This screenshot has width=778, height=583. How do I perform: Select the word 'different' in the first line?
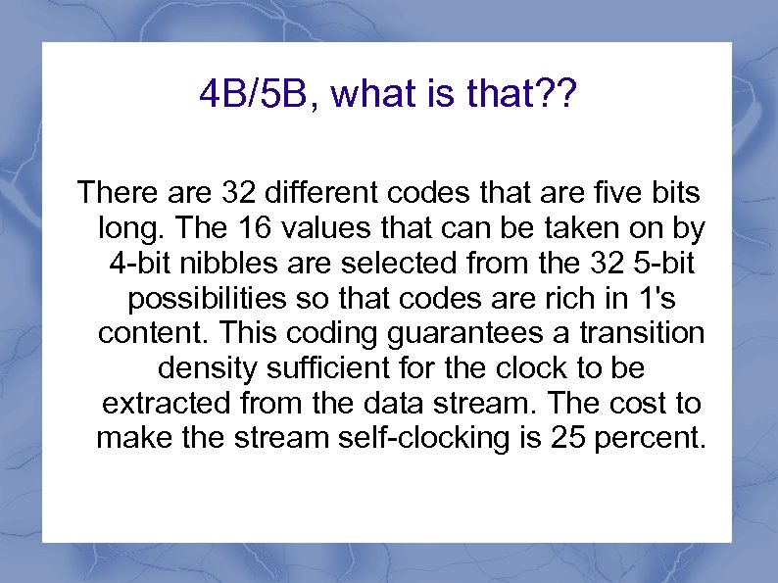pos(317,190)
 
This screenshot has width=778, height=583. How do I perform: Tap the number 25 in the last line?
pos(563,438)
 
